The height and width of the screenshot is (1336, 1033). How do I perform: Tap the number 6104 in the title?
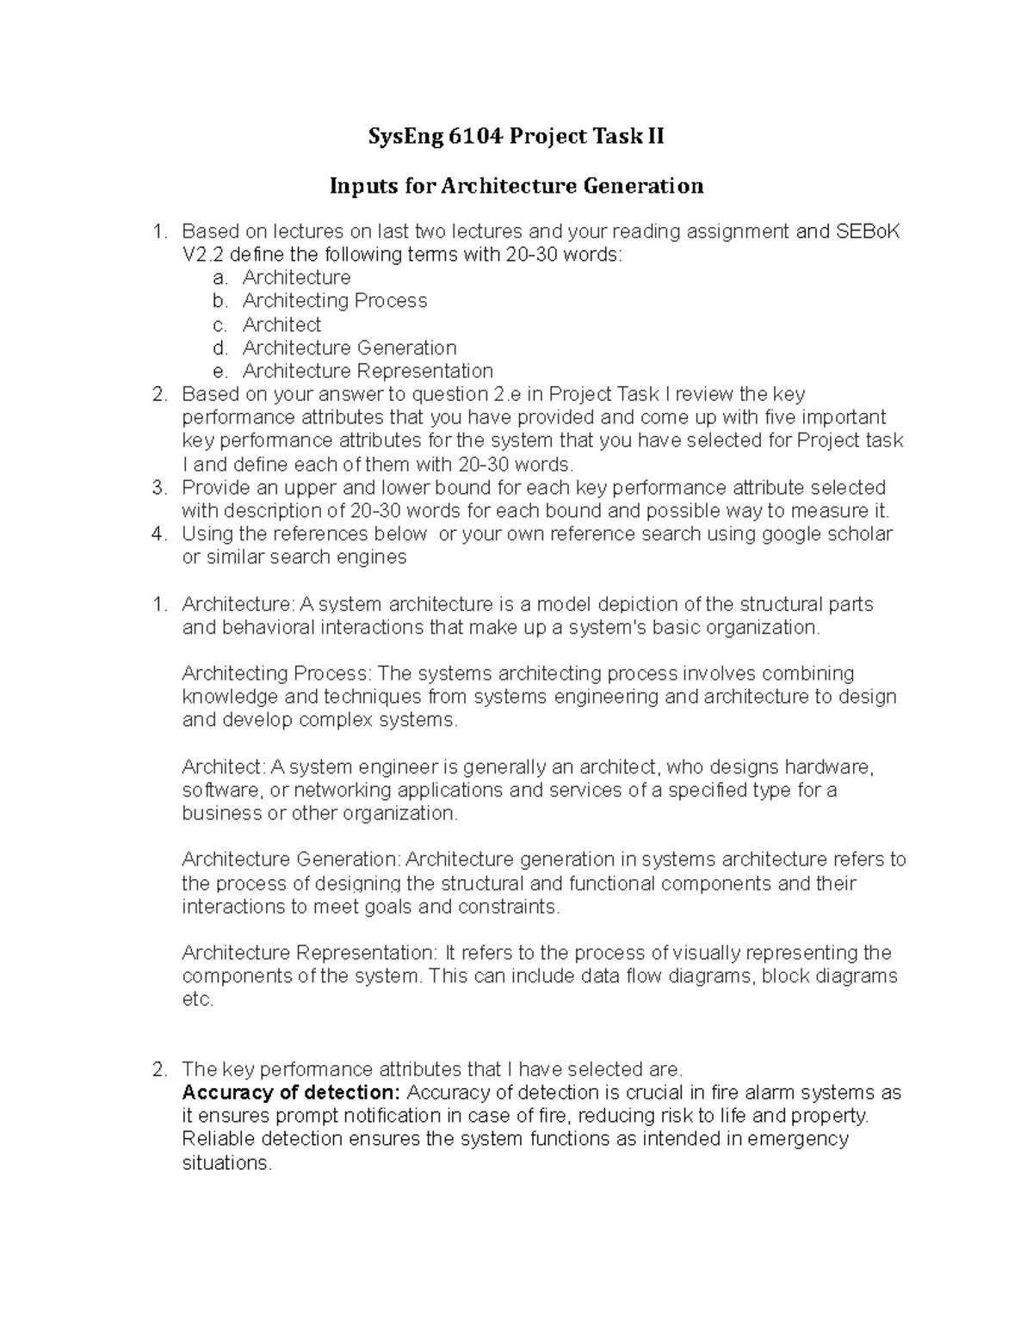tap(473, 137)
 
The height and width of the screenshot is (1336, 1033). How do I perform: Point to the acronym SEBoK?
tap(868, 231)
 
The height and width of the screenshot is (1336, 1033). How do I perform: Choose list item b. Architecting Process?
tap(334, 301)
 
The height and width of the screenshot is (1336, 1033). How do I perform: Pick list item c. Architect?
tap(281, 325)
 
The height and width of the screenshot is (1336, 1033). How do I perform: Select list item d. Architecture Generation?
tap(349, 348)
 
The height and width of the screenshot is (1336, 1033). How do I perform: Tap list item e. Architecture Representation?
tap(368, 372)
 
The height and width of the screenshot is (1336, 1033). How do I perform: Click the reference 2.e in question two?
tap(516, 395)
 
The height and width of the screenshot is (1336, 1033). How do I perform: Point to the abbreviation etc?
tap(197, 1000)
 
